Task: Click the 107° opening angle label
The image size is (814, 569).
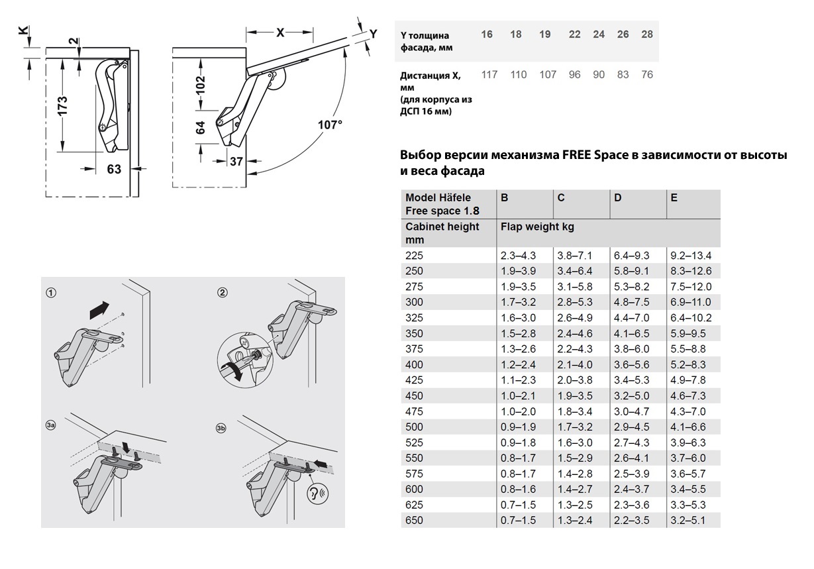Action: [329, 125]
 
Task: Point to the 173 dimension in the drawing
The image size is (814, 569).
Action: [62, 105]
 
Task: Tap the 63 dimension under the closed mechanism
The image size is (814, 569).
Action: [114, 169]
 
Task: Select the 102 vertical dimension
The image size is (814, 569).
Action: [201, 84]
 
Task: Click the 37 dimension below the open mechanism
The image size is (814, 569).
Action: [236, 160]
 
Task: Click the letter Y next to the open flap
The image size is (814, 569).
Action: [373, 34]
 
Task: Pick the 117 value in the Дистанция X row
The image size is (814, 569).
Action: [489, 75]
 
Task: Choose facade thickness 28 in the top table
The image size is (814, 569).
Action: [646, 34]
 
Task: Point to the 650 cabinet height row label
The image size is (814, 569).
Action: [414, 521]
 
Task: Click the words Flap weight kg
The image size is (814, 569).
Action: [537, 227]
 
